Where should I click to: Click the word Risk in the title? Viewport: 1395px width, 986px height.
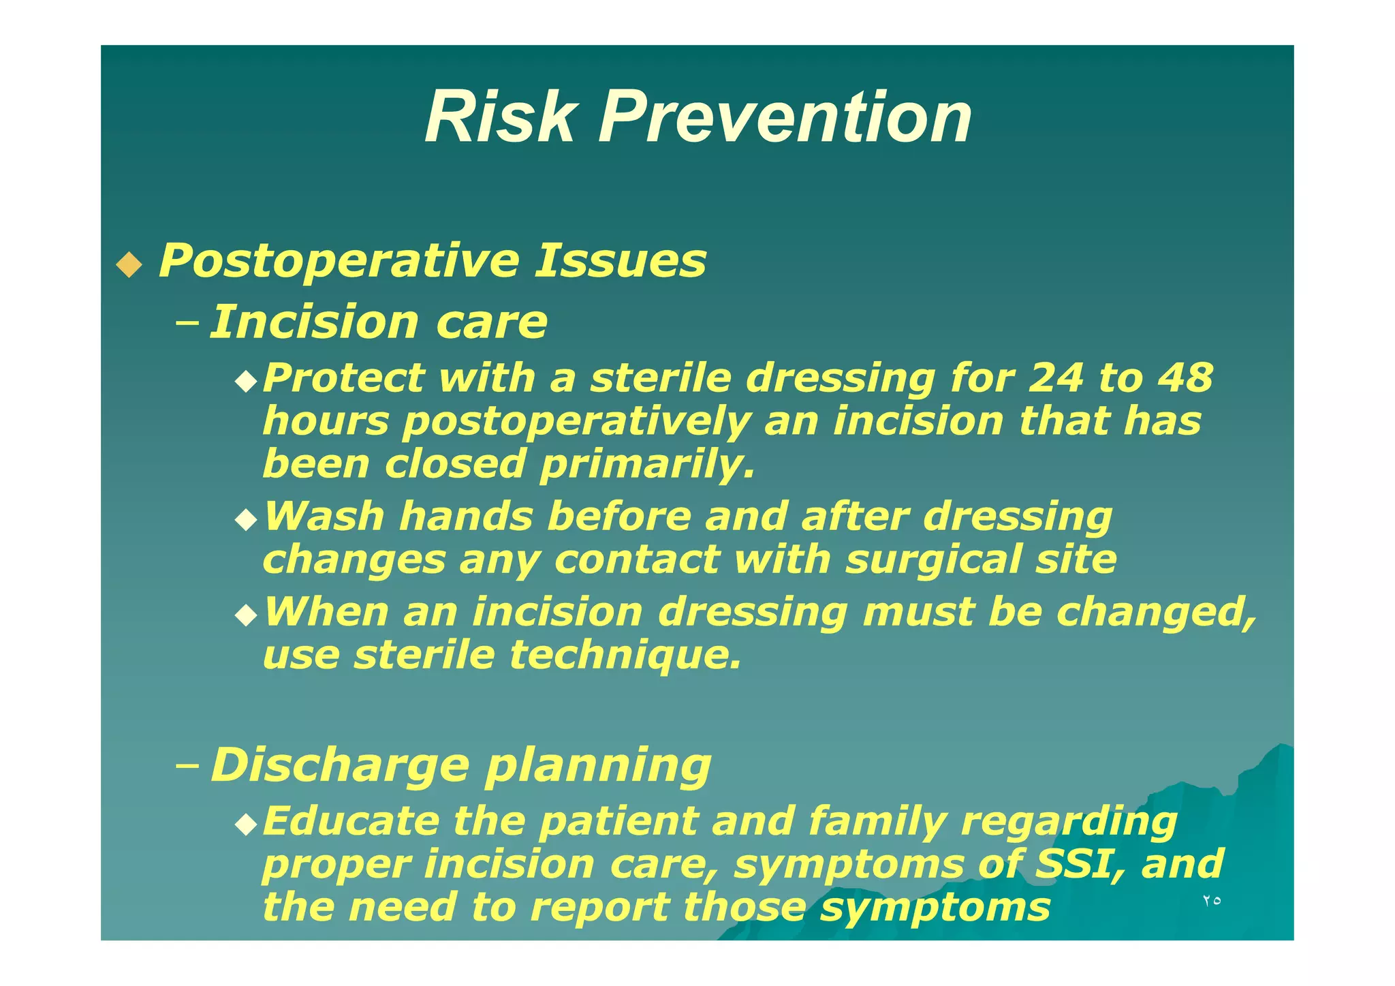[x=500, y=118]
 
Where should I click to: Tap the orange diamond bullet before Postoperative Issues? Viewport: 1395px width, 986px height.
[x=129, y=264]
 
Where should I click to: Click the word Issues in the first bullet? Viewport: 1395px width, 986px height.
[x=620, y=261]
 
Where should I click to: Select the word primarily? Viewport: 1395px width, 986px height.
[x=647, y=464]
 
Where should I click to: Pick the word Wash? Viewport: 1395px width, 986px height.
[x=324, y=516]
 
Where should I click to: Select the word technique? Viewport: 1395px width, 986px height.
[x=625, y=655]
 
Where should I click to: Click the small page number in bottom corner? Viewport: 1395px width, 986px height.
[x=1211, y=900]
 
